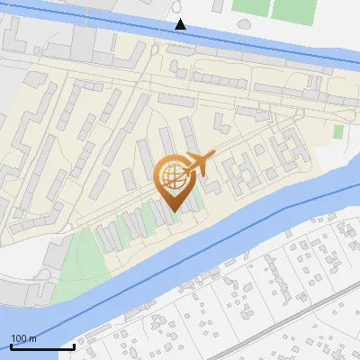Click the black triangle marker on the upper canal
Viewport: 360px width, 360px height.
(181, 23)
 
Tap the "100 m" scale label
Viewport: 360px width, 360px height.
(23, 339)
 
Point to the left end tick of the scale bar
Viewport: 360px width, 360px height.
(11, 346)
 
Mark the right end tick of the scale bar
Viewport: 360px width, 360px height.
(74, 346)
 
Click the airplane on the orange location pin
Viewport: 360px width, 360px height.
(197, 165)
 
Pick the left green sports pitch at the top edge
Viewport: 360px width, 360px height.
(250, 8)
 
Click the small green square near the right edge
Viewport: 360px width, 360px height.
(338, 131)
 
